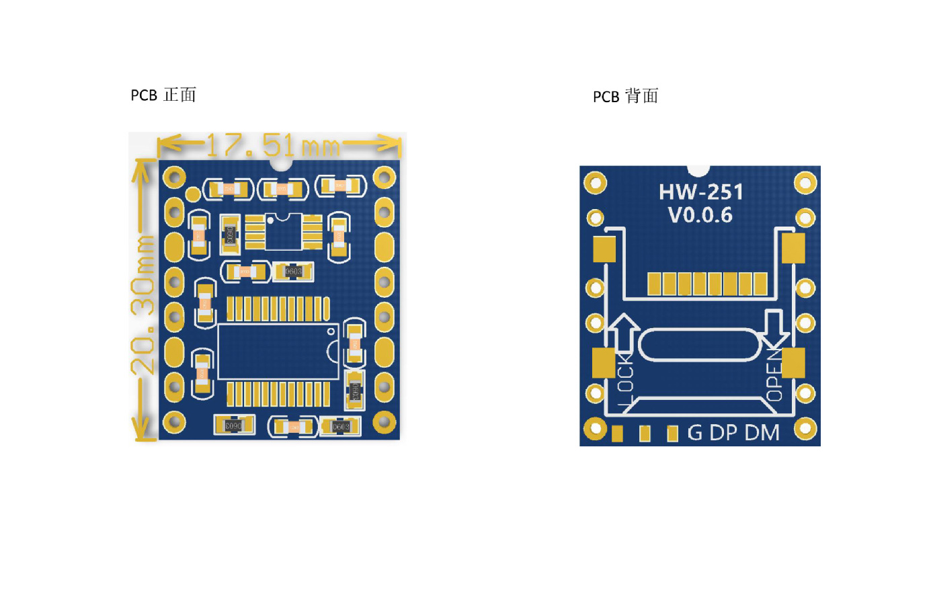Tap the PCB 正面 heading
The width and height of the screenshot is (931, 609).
163,95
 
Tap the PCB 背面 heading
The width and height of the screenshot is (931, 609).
625,97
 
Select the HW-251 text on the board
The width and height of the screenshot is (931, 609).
700,192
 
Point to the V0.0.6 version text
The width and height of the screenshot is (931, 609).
700,215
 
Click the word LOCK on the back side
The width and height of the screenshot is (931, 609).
625,380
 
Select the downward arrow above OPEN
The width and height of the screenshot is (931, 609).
774,329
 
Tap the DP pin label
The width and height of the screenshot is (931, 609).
723,433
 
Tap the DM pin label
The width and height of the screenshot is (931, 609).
762,433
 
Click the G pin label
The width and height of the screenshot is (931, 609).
694,433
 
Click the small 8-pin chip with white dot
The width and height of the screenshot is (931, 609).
283,232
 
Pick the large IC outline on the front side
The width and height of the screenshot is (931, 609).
278,352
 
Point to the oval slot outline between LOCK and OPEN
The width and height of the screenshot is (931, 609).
699,345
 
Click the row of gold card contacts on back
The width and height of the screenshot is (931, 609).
706,284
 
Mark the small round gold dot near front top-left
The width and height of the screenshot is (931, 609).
193,195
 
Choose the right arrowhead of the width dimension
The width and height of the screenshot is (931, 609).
391,143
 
